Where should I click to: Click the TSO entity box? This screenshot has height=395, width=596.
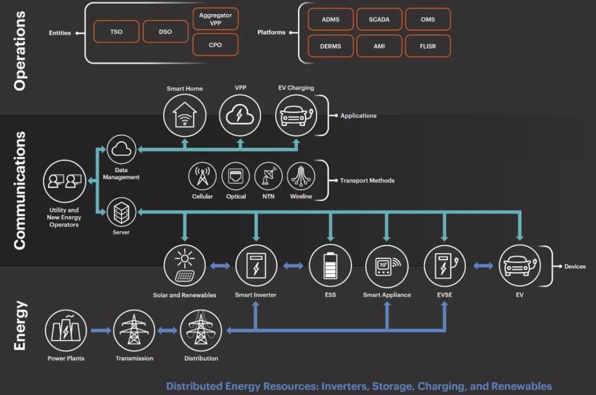(116, 32)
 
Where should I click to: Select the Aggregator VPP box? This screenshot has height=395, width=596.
(215, 19)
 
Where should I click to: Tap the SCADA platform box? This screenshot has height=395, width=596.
(379, 19)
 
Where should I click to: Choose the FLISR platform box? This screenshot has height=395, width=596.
(428, 46)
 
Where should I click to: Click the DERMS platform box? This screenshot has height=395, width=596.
(331, 46)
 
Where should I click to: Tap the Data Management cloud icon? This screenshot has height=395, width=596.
(121, 149)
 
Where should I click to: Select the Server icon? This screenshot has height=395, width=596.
(121, 213)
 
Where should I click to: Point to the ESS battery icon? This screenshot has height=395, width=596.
(330, 266)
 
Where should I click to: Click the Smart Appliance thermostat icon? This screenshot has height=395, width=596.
(386, 266)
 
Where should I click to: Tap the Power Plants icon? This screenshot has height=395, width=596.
(66, 330)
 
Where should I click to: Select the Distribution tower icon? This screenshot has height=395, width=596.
(201, 330)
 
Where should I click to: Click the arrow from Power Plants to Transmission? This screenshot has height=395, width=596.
(100, 330)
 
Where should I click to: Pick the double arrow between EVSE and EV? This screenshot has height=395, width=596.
(483, 266)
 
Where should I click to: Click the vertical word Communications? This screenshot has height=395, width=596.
(19, 190)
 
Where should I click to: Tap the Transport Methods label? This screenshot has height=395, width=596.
(367, 180)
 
